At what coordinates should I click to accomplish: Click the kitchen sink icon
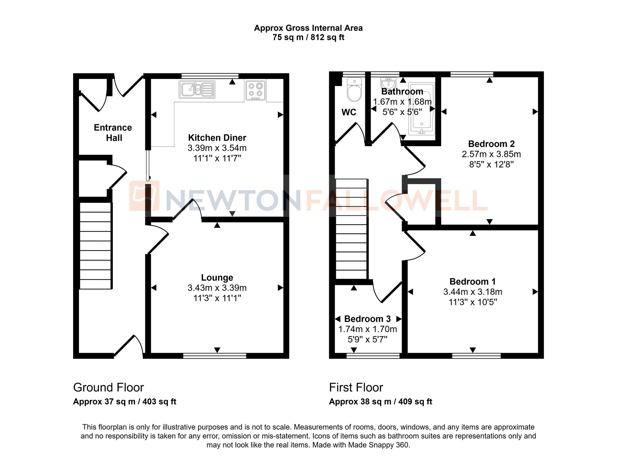[x=197, y=90]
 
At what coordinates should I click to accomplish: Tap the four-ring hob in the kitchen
[x=255, y=90]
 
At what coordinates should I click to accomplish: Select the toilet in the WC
[x=354, y=90]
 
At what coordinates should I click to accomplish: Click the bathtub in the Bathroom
[x=421, y=109]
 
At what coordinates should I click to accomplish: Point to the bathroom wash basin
[x=388, y=83]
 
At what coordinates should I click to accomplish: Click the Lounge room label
[x=217, y=278]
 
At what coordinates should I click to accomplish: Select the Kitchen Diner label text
[x=217, y=138]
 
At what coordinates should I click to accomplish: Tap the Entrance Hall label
[x=113, y=133]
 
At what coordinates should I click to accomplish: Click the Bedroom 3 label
[x=367, y=319]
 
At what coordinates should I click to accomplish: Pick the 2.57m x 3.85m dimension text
[x=491, y=154]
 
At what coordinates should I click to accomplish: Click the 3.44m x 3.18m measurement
[x=473, y=292]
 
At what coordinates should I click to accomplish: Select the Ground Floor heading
[x=108, y=387]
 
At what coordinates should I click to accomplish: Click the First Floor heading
[x=356, y=387]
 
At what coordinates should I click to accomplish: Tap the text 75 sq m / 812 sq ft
[x=308, y=38]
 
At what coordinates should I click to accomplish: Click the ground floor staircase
[x=95, y=246]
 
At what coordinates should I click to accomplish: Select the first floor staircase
[x=351, y=229]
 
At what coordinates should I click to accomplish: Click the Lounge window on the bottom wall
[x=215, y=356]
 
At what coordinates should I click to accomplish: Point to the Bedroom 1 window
[x=476, y=356]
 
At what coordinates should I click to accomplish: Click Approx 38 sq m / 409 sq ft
[x=380, y=401]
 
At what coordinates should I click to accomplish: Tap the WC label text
[x=349, y=112]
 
